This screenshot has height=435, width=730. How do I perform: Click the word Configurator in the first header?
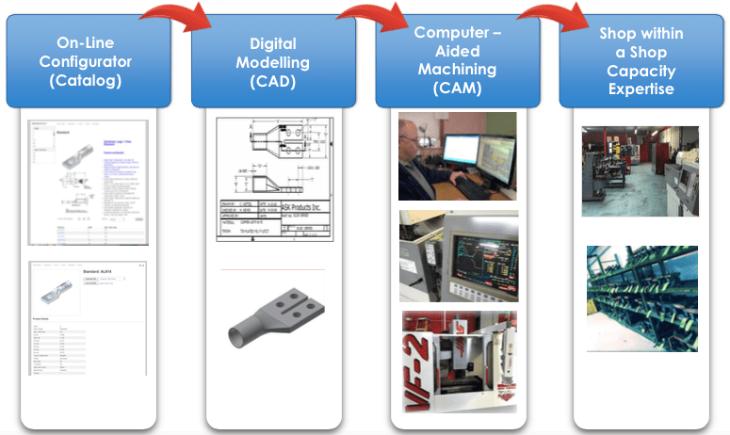pyautogui.click(x=92, y=62)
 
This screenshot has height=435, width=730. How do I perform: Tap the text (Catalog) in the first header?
pyautogui.click(x=92, y=81)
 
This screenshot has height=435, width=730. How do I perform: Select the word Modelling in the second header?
pyautogui.click(x=273, y=62)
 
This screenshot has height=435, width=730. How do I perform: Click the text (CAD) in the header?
pyautogui.click(x=273, y=81)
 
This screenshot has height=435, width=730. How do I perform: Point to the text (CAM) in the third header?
pyautogui.click(x=458, y=89)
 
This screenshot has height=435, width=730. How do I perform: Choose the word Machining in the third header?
pyautogui.click(x=458, y=70)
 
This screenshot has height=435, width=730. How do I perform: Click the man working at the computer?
pyautogui.click(x=457, y=156)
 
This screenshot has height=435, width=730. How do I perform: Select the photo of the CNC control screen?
pyautogui.click(x=458, y=255)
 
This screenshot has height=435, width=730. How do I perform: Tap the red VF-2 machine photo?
pyautogui.click(x=458, y=361)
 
